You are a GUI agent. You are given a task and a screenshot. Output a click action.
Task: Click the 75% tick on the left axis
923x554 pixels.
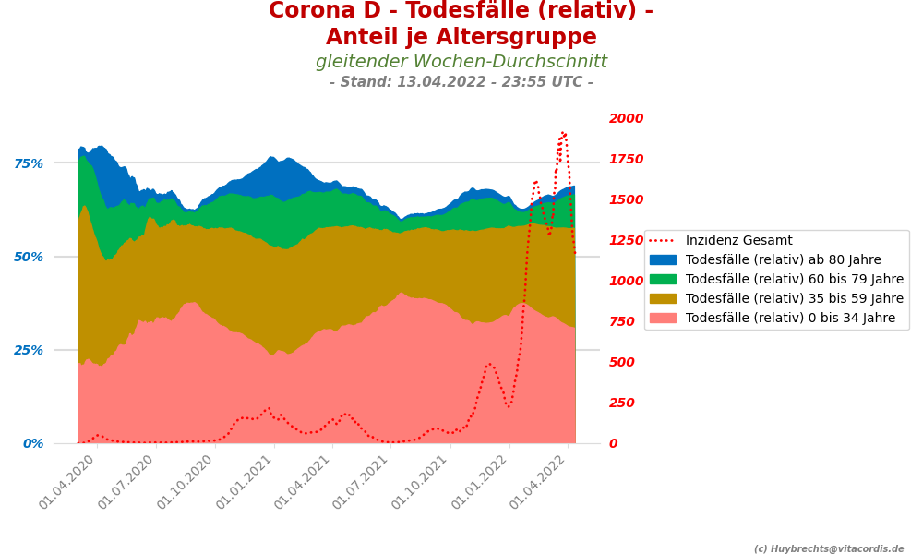click(29, 163)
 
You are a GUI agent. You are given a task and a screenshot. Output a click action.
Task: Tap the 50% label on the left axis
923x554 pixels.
click(29, 257)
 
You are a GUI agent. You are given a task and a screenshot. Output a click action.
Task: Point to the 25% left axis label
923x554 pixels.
click(29, 350)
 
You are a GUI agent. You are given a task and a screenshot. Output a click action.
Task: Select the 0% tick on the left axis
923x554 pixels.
click(33, 443)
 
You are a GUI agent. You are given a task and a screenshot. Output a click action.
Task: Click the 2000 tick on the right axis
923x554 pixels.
click(627, 118)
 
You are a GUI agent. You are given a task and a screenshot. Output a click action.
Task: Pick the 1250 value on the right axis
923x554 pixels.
click(627, 240)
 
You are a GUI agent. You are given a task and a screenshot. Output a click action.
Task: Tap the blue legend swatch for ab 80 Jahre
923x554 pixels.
click(663, 260)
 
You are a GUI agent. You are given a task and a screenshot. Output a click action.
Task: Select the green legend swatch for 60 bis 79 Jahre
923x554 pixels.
click(663, 280)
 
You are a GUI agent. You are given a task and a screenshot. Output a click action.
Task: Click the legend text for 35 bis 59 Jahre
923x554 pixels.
click(795, 299)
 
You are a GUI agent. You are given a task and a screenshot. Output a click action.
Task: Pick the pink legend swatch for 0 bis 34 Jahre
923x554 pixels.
click(663, 319)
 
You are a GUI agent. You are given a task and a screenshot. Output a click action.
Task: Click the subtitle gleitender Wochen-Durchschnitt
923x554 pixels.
click(461, 62)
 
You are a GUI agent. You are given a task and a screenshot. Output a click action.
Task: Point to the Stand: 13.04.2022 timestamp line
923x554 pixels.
click(461, 82)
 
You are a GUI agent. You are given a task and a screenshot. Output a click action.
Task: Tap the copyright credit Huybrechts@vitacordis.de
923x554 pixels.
click(829, 548)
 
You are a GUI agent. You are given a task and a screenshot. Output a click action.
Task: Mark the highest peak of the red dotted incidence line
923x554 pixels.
click(563, 133)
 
